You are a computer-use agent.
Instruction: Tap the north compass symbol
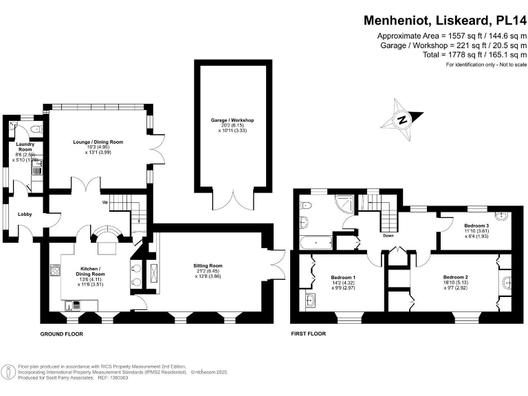pos(402,119)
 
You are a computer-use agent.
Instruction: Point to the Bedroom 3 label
pos(476,226)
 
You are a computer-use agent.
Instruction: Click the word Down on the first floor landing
pos(388,235)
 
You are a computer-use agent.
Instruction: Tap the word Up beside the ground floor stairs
pos(105,202)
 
